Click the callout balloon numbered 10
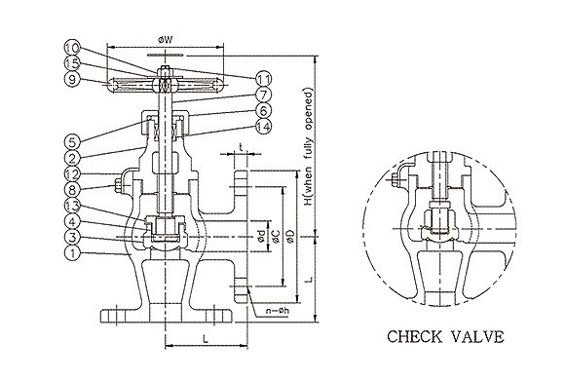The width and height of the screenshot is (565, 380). coord(73,47)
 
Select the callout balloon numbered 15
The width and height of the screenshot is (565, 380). coord(73,63)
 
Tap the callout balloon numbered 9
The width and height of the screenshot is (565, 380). coord(73,79)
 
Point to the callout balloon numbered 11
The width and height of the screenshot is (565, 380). coord(263,79)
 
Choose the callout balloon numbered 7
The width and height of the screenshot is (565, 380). coord(263,95)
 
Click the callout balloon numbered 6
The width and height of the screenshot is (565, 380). coord(263,110)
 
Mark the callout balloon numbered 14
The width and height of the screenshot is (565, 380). coord(263,127)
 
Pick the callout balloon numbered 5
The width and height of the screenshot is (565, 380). coord(73,142)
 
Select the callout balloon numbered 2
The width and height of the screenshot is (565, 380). coord(73,158)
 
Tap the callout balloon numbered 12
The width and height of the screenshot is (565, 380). coord(73,173)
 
